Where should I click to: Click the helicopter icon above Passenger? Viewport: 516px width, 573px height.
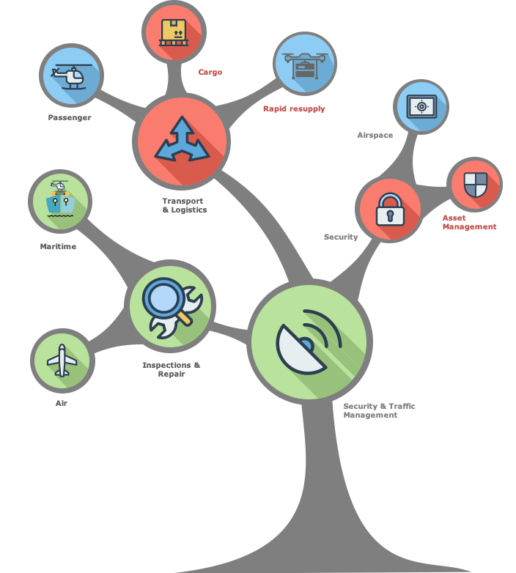pyautogui.click(x=71, y=75)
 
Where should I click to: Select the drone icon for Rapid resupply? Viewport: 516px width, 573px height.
pyautogui.click(x=305, y=64)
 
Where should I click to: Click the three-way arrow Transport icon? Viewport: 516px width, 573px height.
pyautogui.click(x=181, y=139)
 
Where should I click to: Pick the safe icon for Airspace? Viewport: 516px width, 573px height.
pyautogui.click(x=421, y=107)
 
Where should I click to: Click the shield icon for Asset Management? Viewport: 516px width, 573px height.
pyautogui.click(x=474, y=185)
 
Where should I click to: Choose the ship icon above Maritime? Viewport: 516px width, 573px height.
pyautogui.click(x=60, y=200)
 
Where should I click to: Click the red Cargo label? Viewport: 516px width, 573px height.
pyautogui.click(x=210, y=73)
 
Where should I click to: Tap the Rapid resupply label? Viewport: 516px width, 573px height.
pyautogui.click(x=294, y=108)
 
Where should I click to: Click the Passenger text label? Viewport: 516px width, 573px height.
pyautogui.click(x=70, y=117)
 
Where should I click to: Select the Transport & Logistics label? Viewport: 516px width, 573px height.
pyautogui.click(x=184, y=205)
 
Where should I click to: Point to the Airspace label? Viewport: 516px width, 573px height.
pyautogui.click(x=375, y=135)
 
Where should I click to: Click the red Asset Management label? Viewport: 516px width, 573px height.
pyautogui.click(x=469, y=223)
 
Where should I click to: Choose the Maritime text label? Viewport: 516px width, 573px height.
pyautogui.click(x=58, y=246)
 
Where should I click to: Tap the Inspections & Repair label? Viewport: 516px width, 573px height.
pyautogui.click(x=172, y=369)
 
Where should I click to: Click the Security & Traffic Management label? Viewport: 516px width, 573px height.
pyautogui.click(x=379, y=410)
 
